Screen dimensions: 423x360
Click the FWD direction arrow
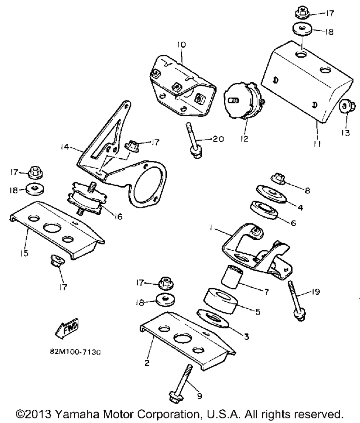click(68, 328)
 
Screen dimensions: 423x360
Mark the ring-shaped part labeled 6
click(264, 211)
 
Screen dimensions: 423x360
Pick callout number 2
click(147, 363)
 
